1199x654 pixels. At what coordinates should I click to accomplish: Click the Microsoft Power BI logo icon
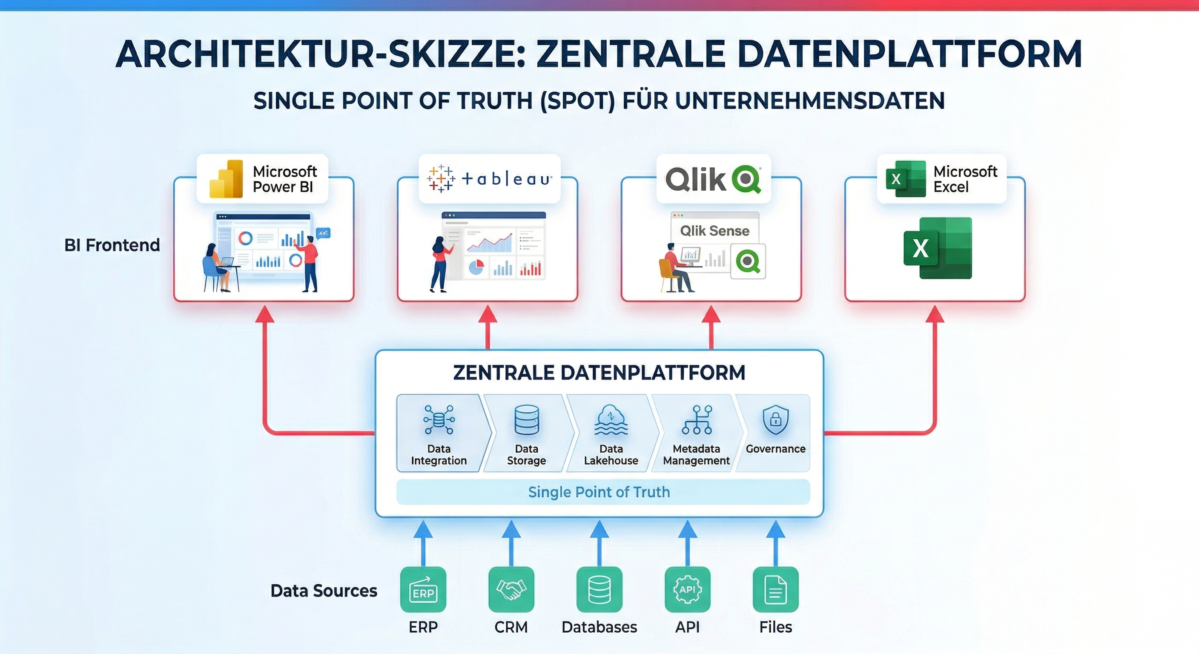[x=226, y=179]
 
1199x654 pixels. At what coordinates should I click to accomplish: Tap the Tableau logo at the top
[x=489, y=179]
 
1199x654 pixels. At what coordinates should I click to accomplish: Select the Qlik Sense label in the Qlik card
[x=714, y=230]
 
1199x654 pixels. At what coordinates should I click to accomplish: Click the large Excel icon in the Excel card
[x=938, y=248]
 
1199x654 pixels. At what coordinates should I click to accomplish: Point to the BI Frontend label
[x=112, y=245]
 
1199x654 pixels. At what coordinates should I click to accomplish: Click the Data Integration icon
[x=439, y=419]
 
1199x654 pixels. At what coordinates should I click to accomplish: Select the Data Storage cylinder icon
[x=526, y=419]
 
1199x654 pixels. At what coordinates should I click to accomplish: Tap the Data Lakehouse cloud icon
[x=611, y=419]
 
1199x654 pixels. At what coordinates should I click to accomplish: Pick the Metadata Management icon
[x=697, y=419]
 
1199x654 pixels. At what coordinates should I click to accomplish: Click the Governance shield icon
[x=775, y=419]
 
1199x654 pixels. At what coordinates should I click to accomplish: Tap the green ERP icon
[x=423, y=589]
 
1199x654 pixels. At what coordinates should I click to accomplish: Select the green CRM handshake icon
[x=511, y=589]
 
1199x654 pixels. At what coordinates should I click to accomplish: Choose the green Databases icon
[x=599, y=589]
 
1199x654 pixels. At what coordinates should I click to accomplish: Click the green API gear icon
[x=688, y=589]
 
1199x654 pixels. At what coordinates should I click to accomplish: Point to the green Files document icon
[x=775, y=589]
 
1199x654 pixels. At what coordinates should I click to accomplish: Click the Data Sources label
[x=324, y=591]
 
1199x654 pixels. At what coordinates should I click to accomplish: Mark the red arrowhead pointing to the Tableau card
[x=488, y=314]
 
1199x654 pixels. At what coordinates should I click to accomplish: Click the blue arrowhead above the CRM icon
[x=511, y=529]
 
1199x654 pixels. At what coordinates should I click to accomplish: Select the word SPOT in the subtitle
[x=578, y=100]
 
